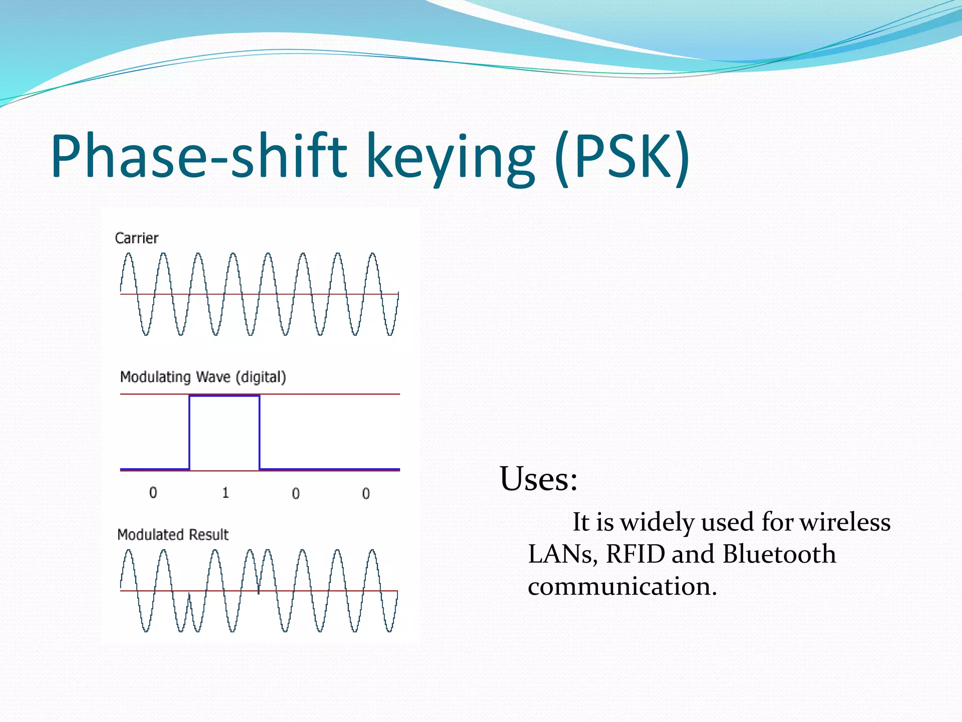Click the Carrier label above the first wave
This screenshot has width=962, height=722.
tap(136, 238)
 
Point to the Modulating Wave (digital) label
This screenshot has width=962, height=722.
tap(203, 377)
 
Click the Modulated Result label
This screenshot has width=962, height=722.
tap(172, 534)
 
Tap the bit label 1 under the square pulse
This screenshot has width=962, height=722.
tap(225, 493)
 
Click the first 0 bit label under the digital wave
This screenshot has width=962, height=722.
tap(153, 493)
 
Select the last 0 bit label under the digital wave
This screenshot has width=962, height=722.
tap(366, 494)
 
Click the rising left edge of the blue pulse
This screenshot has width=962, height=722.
tap(189, 432)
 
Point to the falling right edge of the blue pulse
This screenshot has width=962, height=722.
tap(259, 432)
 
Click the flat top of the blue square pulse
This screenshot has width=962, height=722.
tap(225, 396)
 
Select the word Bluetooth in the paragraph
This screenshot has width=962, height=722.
tap(779, 554)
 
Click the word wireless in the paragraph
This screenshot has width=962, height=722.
tap(845, 522)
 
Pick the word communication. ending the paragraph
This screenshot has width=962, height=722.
tap(622, 586)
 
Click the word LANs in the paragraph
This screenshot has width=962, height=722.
tap(562, 554)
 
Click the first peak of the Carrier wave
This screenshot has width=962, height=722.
tap(128, 255)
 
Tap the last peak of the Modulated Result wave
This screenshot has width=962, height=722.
tap(372, 551)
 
